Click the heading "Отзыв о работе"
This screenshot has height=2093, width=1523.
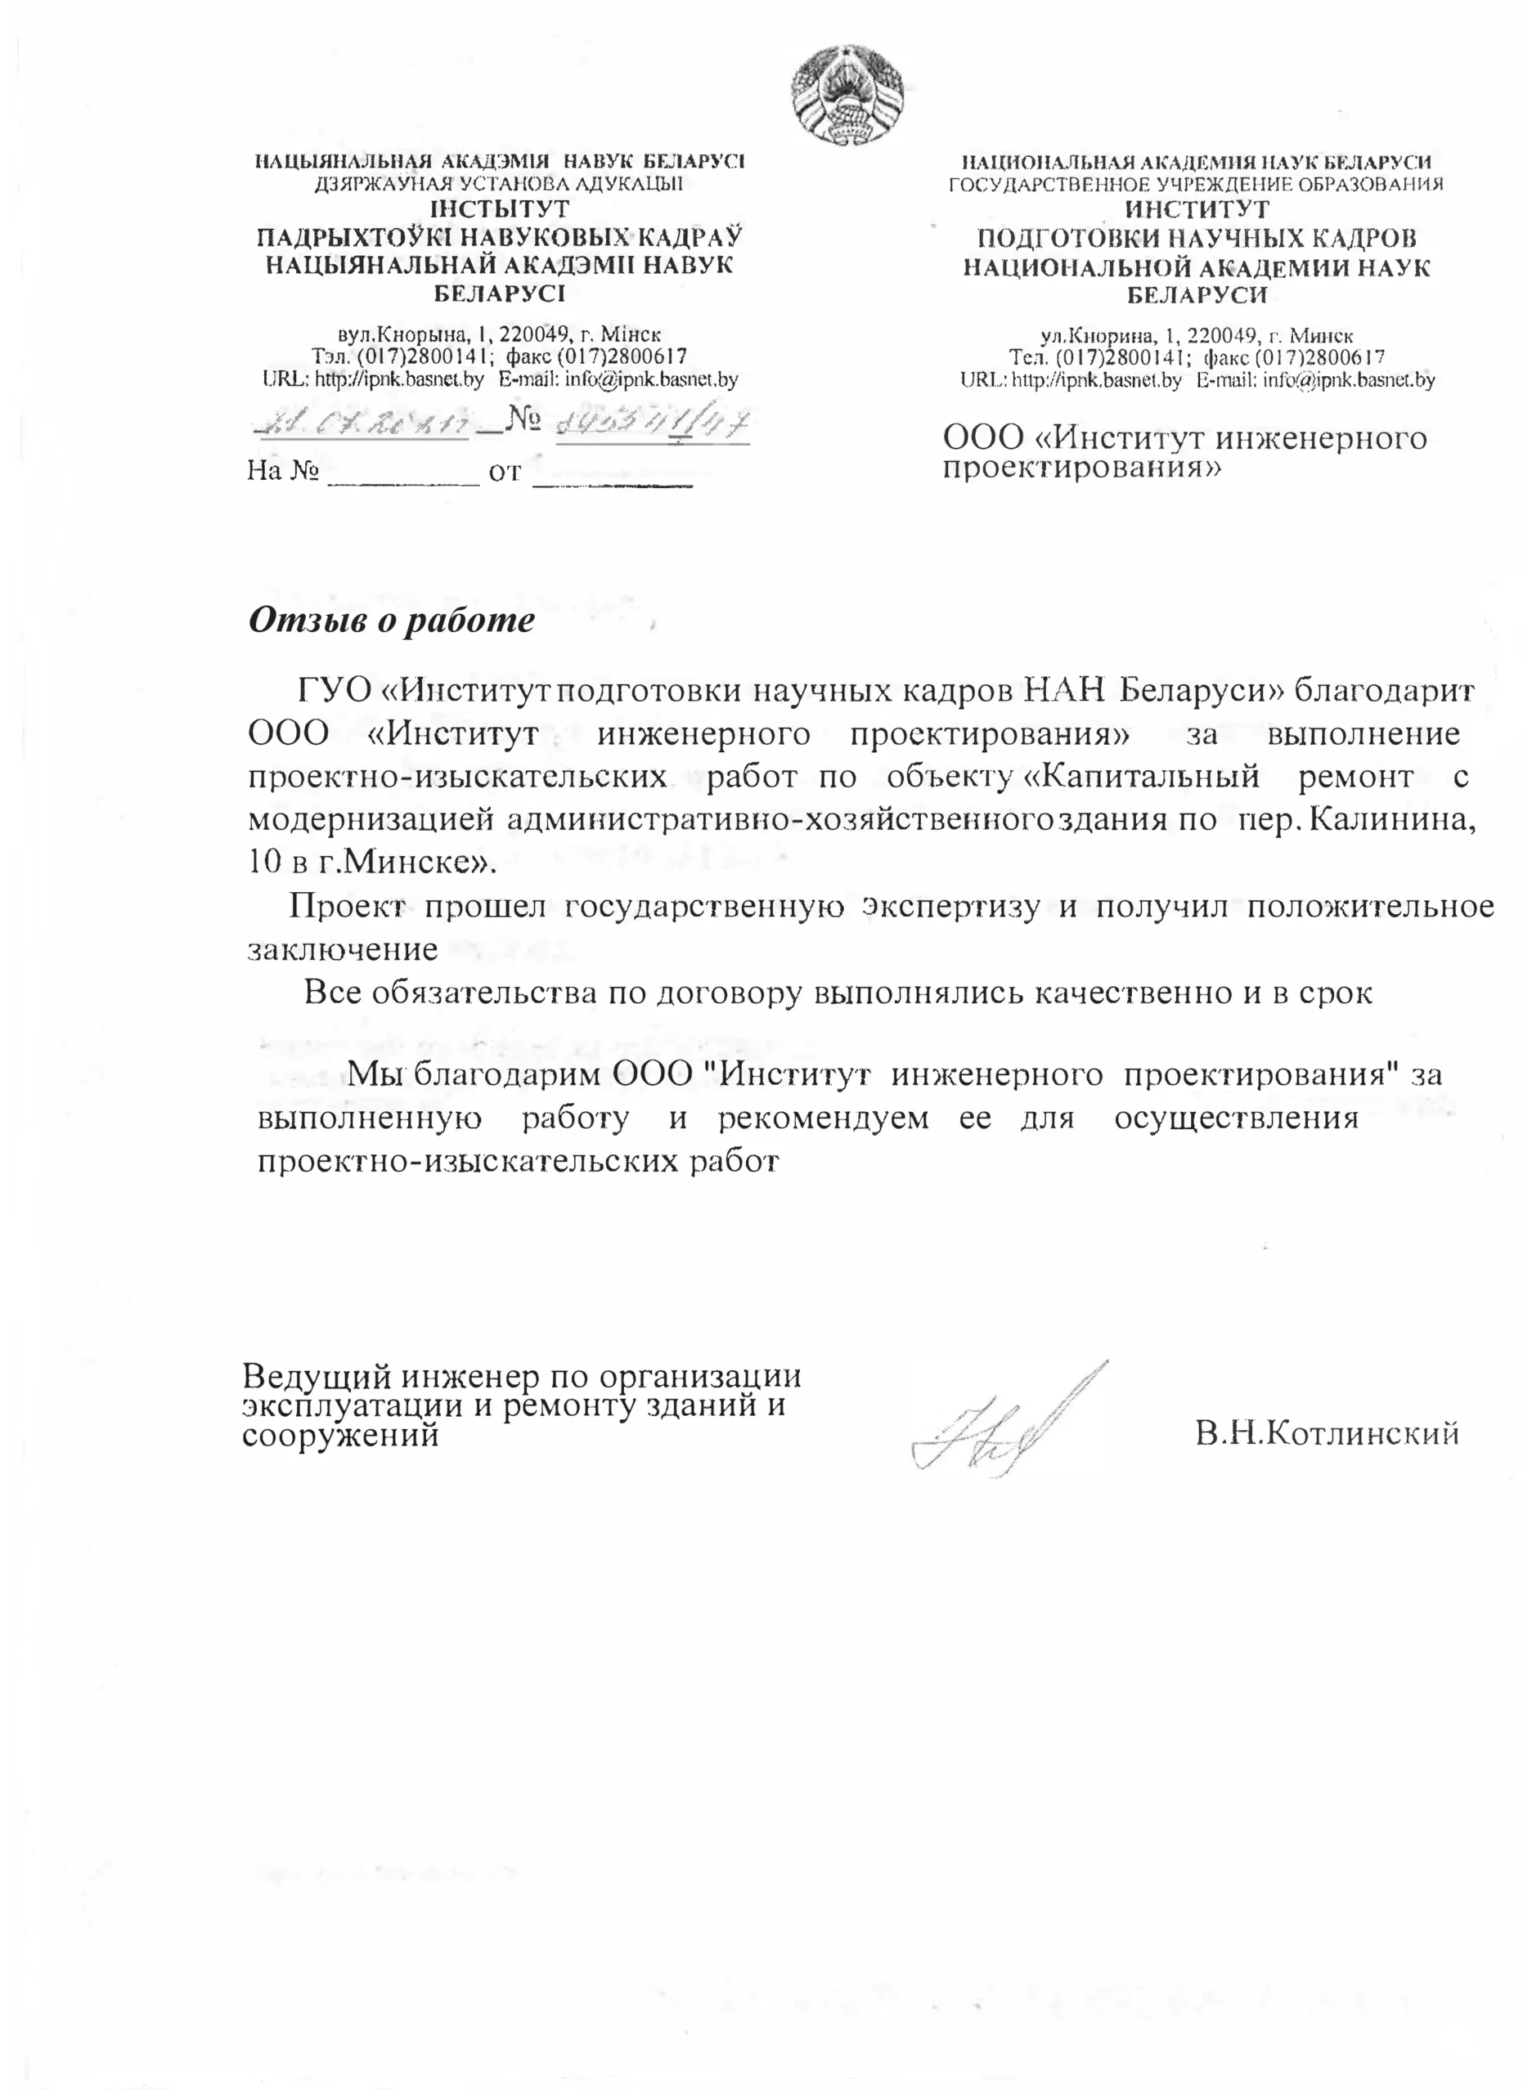[x=391, y=619]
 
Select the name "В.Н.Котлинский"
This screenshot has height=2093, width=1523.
[x=1327, y=1433]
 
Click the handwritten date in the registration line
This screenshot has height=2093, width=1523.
[x=359, y=424]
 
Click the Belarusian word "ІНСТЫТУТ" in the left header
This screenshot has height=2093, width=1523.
[x=501, y=210]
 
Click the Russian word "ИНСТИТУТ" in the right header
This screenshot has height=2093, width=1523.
[x=1197, y=210]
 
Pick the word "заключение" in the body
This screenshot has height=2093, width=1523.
[x=343, y=948]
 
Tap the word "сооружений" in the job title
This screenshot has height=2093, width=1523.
[x=339, y=1436]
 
